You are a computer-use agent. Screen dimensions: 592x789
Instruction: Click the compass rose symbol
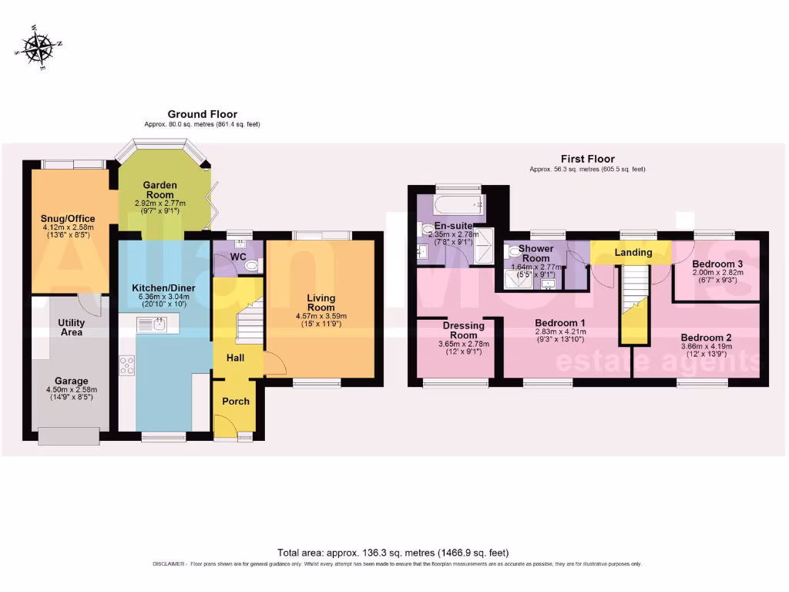pyautogui.click(x=37, y=47)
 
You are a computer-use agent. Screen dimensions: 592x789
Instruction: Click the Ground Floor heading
pyautogui.click(x=202, y=114)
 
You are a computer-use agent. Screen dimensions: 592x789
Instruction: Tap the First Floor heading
pyautogui.click(x=587, y=159)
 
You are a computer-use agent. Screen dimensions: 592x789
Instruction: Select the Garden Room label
pyautogui.click(x=160, y=190)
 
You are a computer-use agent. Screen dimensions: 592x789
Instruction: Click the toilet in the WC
pyautogui.click(x=250, y=264)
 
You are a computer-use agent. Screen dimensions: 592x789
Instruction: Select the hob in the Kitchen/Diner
pyautogui.click(x=126, y=365)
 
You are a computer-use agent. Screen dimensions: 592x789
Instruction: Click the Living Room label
pyautogui.click(x=321, y=302)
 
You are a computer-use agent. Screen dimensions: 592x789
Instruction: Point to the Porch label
pyautogui.click(x=236, y=402)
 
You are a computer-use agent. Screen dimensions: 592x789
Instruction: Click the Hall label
pyautogui.click(x=235, y=358)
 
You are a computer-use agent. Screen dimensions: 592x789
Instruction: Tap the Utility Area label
pyautogui.click(x=70, y=328)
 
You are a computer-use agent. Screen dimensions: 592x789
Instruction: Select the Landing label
pyautogui.click(x=633, y=253)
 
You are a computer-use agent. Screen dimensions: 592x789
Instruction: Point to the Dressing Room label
pyautogui.click(x=464, y=330)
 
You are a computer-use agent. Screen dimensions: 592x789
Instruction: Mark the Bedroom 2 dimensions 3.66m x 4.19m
pyautogui.click(x=705, y=347)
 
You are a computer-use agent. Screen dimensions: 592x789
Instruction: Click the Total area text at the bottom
pyautogui.click(x=393, y=553)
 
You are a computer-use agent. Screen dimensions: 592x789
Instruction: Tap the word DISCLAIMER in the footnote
pyautogui.click(x=168, y=564)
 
